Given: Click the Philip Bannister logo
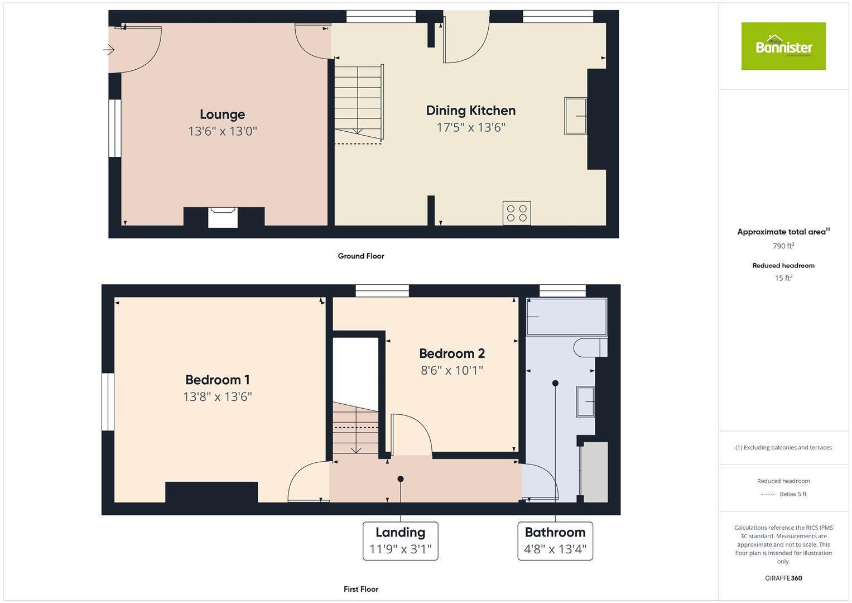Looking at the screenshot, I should tap(783, 46).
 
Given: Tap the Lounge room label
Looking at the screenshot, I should tap(222, 114).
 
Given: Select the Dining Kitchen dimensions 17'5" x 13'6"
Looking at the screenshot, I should tap(470, 127).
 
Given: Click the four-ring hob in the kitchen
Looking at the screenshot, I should tap(517, 213).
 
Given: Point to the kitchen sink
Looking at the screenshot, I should tap(575, 116).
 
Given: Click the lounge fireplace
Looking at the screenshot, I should tap(223, 217).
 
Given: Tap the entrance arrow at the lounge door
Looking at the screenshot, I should tap(109, 50).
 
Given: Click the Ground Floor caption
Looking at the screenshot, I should tap(361, 256).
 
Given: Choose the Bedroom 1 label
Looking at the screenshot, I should tap(217, 380).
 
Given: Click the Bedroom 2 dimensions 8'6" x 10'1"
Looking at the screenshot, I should tap(451, 370).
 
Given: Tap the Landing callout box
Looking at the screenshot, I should tap(400, 540).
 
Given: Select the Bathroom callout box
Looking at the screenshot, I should tap(555, 540).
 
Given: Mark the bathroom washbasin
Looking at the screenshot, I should tap(585, 401).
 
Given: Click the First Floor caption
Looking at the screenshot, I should tap(361, 589).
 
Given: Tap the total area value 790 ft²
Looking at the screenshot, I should tap(783, 246).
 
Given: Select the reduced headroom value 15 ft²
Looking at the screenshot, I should tap(783, 278).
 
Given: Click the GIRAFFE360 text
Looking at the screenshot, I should tap(783, 578).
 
